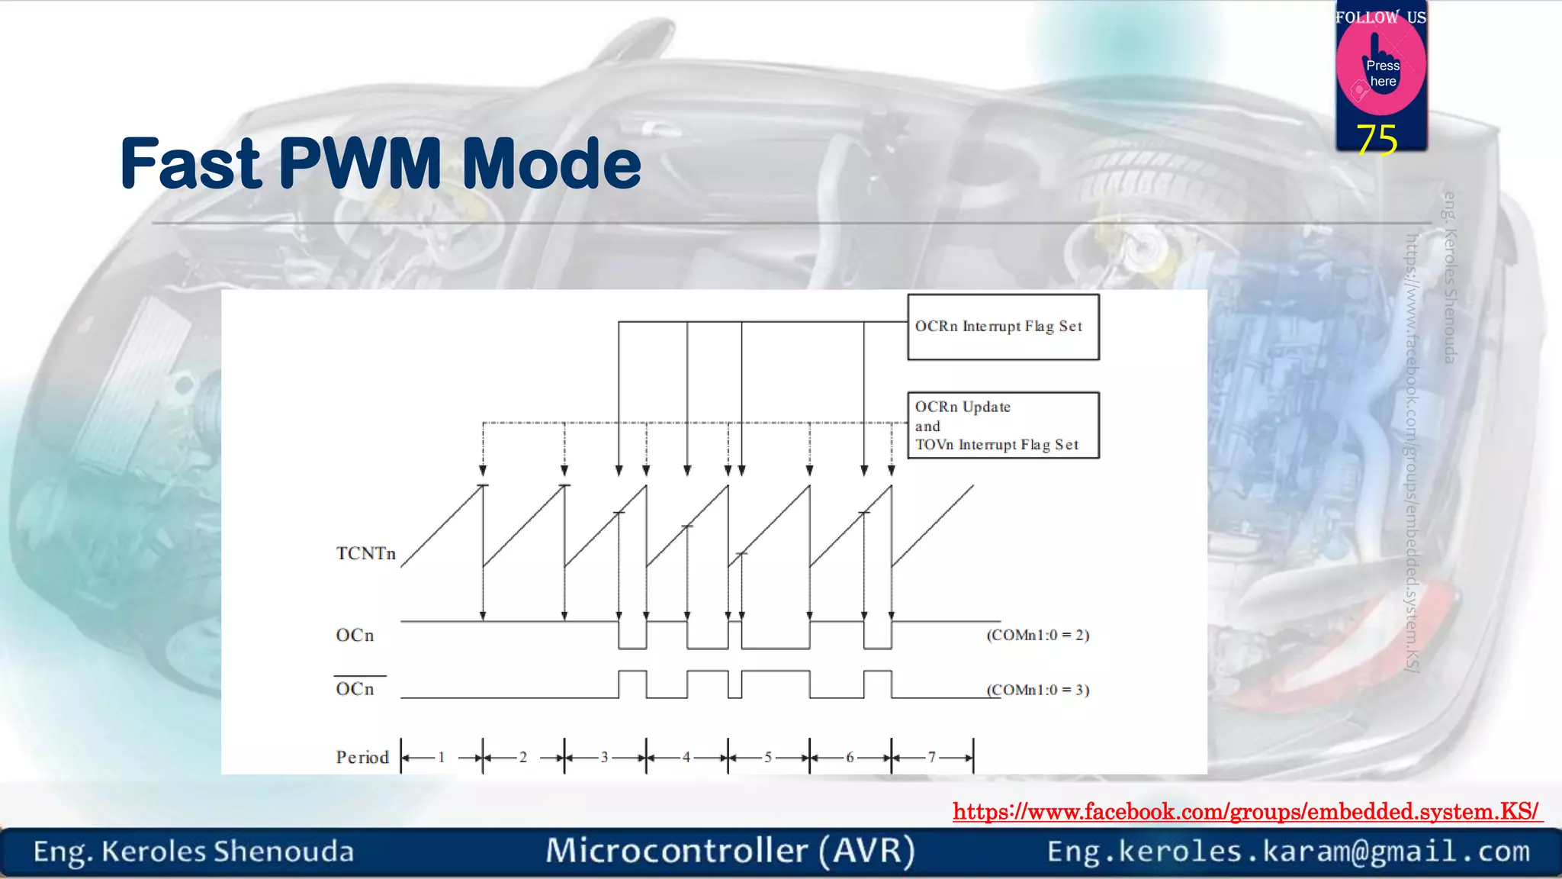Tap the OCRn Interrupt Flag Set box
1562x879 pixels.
[1002, 327]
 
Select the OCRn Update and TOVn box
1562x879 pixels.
[1002, 425]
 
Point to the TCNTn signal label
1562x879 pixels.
[366, 553]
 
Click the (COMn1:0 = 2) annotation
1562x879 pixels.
[1037, 635]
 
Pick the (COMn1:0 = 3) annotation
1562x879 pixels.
[1037, 690]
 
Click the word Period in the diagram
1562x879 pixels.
[362, 757]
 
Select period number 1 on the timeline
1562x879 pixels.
[441, 757]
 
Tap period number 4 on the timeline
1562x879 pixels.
[686, 757]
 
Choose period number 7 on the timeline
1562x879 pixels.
[931, 757]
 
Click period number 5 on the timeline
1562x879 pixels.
[768, 757]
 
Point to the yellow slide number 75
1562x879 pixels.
[1377, 140]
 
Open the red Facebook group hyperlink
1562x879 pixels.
[1246, 811]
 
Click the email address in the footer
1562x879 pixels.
[1288, 851]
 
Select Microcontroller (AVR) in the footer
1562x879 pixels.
[730, 851]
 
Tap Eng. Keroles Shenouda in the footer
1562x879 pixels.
[194, 852]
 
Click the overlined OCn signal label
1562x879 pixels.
[355, 689]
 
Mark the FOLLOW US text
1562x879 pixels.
[1380, 18]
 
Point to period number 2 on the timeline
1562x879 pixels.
[522, 757]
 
